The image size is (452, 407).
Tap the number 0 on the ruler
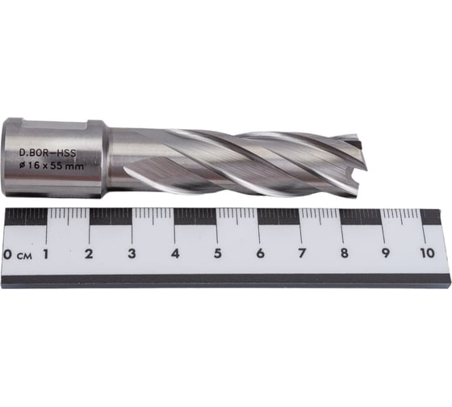[8, 255]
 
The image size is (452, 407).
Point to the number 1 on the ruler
[46, 255]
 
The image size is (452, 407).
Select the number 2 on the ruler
[89, 255]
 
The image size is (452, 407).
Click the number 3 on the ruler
[132, 255]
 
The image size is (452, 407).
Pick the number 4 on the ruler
[174, 255]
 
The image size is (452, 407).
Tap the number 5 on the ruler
[217, 255]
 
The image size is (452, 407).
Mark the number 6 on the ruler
[260, 255]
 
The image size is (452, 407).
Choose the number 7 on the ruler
[302, 255]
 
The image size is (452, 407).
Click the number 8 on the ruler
[345, 255]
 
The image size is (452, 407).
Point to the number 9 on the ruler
[387, 255]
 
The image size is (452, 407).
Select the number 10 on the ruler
[427, 255]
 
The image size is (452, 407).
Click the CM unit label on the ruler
[26, 256]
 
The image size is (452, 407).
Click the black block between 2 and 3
[111, 216]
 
